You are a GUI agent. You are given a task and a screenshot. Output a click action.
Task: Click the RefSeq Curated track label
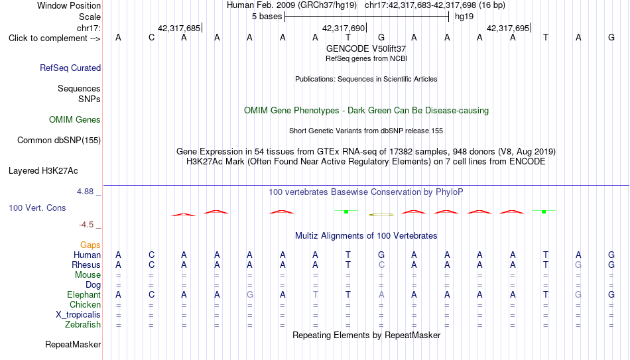tap(70, 68)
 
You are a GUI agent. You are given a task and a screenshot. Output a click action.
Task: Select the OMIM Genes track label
tap(75, 120)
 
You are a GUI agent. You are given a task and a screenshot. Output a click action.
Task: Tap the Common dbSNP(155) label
tap(58, 141)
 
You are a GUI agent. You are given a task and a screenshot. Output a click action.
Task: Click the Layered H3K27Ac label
tap(43, 171)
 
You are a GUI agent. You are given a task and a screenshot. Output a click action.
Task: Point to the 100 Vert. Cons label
tap(37, 208)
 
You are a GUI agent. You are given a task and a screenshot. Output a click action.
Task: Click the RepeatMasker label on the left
tap(73, 344)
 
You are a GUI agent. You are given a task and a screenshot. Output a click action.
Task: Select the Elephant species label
tap(84, 295)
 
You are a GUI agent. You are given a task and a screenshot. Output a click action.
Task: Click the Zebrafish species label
tap(83, 325)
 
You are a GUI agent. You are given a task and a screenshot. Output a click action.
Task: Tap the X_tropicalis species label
tap(78, 315)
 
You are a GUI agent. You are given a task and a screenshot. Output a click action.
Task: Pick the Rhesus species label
tap(86, 265)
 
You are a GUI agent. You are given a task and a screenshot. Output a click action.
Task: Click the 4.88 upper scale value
tap(85, 192)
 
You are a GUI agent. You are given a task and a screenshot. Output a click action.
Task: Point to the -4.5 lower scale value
tap(86, 225)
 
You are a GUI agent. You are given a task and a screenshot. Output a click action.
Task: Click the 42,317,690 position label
tap(344, 28)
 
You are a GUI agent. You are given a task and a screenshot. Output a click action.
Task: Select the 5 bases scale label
tap(267, 17)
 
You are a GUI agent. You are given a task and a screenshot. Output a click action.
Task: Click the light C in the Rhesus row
tap(381, 265)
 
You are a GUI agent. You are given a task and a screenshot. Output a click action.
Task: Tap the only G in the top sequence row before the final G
tap(381, 37)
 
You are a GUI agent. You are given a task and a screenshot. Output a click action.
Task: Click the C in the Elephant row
tap(151, 295)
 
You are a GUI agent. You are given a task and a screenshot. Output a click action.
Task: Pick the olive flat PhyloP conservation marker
tap(381, 215)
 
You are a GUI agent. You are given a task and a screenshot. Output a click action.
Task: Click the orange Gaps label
tap(90, 245)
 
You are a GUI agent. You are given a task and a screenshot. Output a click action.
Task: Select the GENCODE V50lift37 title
tap(366, 48)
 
